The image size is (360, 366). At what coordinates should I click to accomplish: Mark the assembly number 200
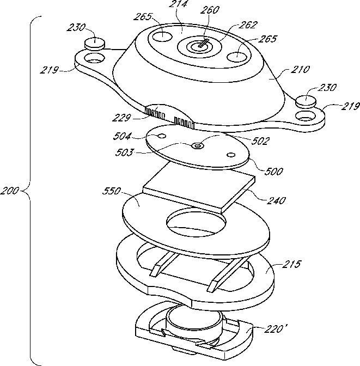coord(11,191)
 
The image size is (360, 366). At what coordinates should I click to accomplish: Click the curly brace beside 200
coord(28,191)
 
